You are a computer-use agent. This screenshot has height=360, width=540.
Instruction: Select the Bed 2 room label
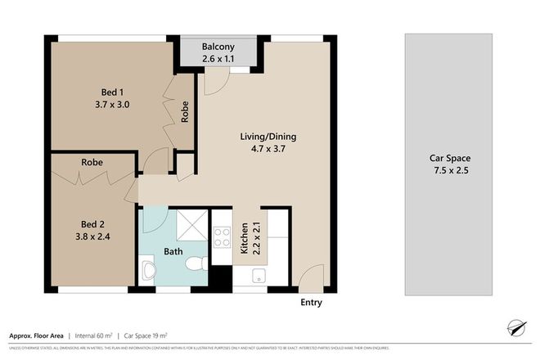(92, 227)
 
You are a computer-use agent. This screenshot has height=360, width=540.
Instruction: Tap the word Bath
(173, 251)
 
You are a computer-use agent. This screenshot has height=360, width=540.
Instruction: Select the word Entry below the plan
(310, 303)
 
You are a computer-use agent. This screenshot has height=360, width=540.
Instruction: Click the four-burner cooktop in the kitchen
(221, 237)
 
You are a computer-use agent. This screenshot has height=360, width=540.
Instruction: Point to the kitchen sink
(259, 274)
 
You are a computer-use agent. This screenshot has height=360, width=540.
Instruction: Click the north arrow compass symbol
(515, 328)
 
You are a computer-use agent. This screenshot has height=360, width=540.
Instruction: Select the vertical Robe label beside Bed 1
(186, 111)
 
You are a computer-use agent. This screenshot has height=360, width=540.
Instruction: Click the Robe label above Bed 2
(92, 162)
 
